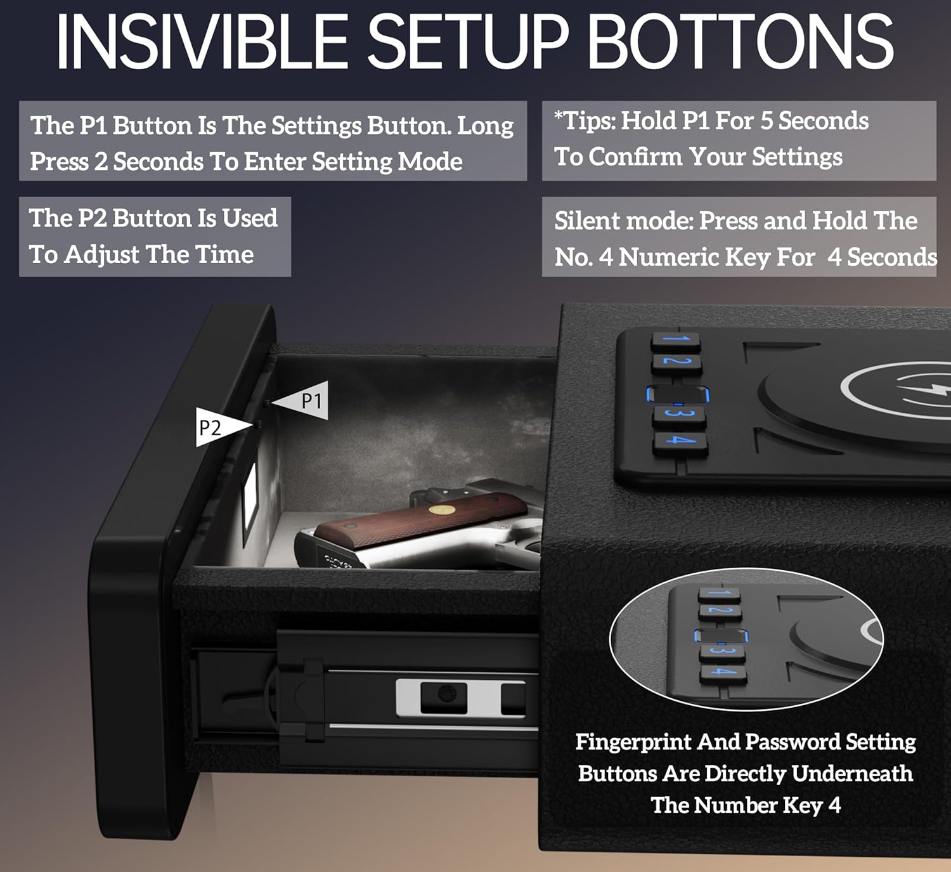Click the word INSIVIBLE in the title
[x=202, y=42]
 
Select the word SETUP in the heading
[x=468, y=42]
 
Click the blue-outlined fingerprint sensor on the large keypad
[x=678, y=394]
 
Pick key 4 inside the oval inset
[x=723, y=672]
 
